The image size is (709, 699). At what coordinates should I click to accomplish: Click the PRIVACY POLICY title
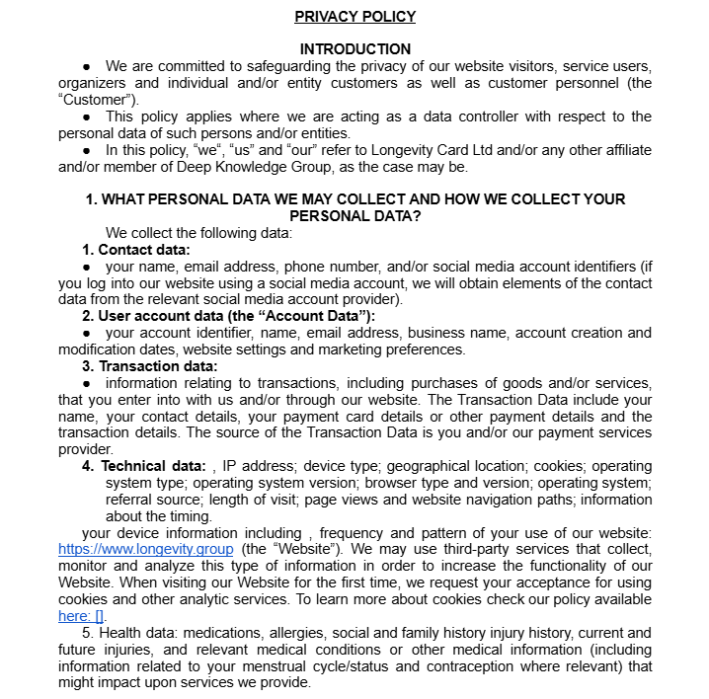click(x=354, y=17)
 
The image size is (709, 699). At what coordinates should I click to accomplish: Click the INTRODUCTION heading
click(x=354, y=49)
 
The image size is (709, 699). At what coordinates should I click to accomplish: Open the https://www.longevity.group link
click(x=146, y=549)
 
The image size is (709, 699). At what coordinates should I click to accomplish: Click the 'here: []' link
click(x=79, y=616)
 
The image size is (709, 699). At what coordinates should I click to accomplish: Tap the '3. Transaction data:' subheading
click(x=150, y=366)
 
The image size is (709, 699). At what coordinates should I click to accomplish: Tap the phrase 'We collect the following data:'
click(x=199, y=233)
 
